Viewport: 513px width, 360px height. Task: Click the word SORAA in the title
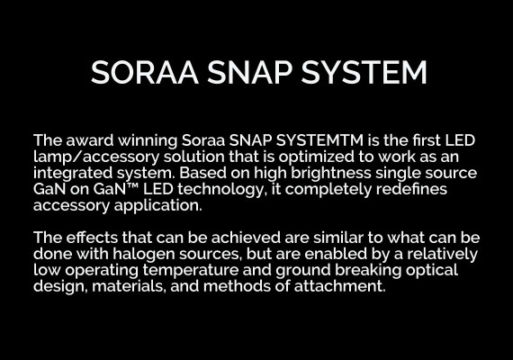[145, 72]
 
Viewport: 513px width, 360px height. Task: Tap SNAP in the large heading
[249, 72]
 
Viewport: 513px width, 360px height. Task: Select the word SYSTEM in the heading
[364, 72]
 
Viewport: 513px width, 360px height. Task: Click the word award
[90, 140]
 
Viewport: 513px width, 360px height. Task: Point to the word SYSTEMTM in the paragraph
[319, 140]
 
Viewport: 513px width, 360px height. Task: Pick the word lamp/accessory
[96, 157]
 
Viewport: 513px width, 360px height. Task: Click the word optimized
[317, 157]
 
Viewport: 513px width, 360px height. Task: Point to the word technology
[220, 189]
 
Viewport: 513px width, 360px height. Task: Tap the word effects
[92, 238]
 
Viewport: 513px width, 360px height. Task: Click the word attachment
[339, 286]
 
